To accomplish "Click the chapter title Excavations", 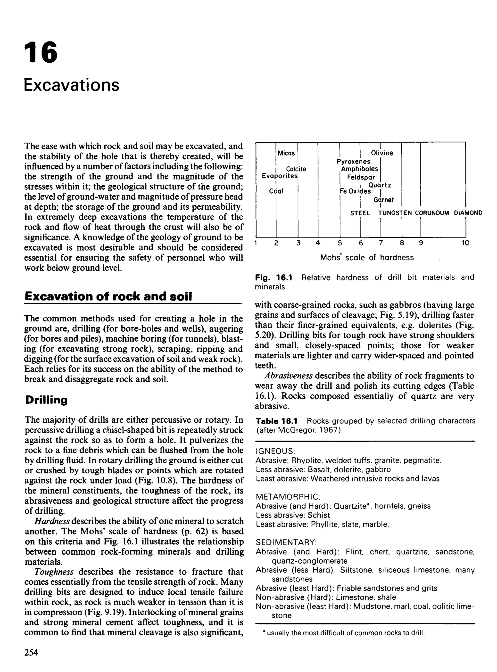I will click(x=72, y=85).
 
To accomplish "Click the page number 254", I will click(x=31, y=652).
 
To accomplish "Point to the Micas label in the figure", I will click(x=286, y=153).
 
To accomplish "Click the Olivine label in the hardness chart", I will click(x=382, y=153).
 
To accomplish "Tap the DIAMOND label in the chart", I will click(x=468, y=213).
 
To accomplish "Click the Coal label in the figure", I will click(x=276, y=191).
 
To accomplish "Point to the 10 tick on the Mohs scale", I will click(x=465, y=243).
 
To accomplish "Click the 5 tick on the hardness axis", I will click(x=340, y=243).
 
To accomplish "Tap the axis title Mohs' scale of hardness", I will click(x=367, y=257).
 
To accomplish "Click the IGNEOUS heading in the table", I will click(x=275, y=451).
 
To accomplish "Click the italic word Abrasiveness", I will click(x=289, y=376).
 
